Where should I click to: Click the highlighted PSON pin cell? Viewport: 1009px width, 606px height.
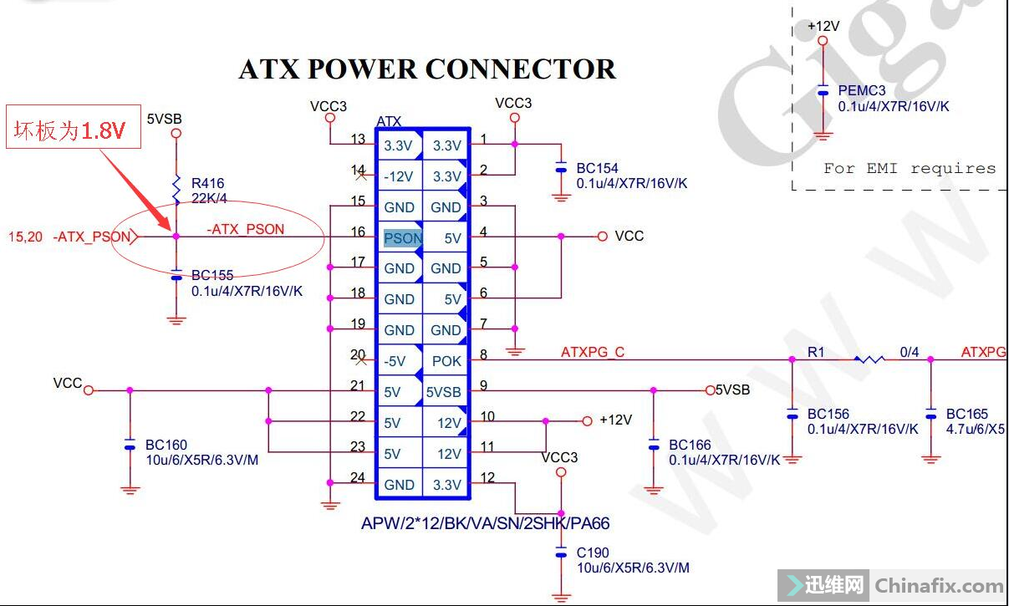coord(403,238)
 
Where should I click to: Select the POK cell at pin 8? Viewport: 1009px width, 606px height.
coord(446,361)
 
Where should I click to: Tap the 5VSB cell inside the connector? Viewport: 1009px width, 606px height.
coord(443,392)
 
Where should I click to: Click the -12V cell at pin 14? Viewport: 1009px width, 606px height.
coord(398,176)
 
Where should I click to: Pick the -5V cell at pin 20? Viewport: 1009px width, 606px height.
coord(395,361)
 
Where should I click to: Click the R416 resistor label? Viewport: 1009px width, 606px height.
coord(207,183)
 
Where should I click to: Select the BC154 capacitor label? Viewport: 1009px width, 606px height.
coord(597,169)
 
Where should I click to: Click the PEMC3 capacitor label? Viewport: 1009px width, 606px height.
coord(862,91)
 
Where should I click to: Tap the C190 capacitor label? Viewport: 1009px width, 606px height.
coord(593,553)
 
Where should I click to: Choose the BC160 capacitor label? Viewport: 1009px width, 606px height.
coord(166,446)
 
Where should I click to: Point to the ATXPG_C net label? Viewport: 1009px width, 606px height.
coord(592,353)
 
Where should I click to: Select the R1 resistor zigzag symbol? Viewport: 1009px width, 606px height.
coord(869,360)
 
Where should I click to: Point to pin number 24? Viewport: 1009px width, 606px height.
coord(358,478)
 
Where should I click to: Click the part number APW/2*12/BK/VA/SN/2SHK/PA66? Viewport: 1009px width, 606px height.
coord(485,524)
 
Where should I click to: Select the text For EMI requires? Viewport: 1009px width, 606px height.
coord(910,168)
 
